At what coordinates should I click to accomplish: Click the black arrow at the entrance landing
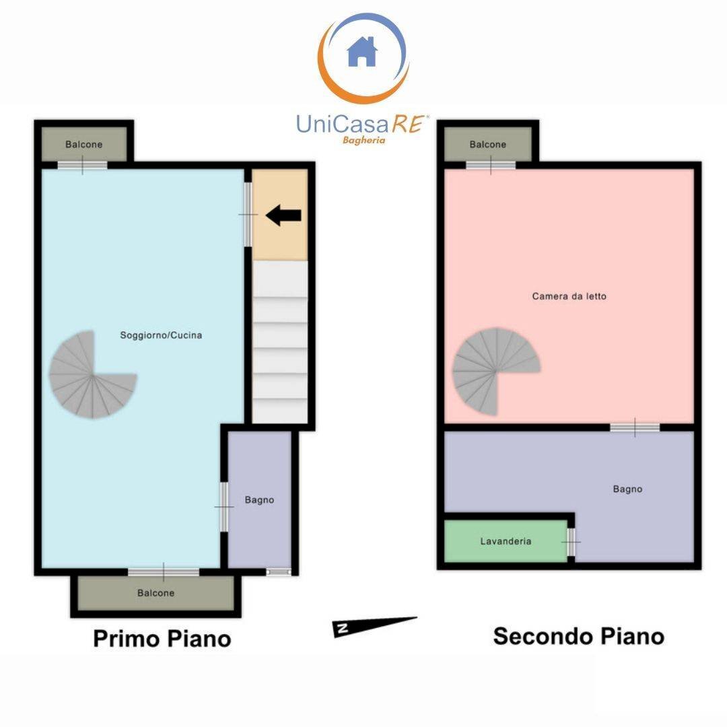283,215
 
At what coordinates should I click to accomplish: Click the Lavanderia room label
506,541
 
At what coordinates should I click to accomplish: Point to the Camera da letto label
569,296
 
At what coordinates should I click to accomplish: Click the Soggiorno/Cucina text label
161,335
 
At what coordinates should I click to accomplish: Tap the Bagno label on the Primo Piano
259,500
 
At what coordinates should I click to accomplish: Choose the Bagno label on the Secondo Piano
627,489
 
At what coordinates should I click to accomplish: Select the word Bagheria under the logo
364,141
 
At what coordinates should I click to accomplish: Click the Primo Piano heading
162,638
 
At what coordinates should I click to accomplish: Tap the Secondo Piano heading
578,635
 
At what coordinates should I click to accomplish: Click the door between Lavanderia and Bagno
572,541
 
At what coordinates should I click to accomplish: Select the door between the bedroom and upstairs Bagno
635,427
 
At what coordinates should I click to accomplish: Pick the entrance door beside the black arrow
248,214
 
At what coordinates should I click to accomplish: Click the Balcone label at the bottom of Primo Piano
155,593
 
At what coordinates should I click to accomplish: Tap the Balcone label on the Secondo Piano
487,145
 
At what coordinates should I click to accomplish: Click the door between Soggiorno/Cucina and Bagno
223,506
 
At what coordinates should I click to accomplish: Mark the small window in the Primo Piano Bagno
279,572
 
